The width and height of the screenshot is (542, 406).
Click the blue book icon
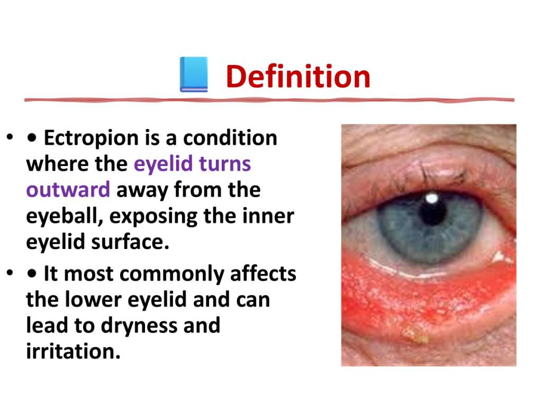pyautogui.click(x=194, y=75)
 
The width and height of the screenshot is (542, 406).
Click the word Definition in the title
pyautogui.click(x=298, y=76)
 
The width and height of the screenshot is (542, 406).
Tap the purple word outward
pyautogui.click(x=68, y=190)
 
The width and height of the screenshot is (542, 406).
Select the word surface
pyautogui.click(x=130, y=242)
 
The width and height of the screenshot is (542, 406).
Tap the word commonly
pyautogui.click(x=172, y=275)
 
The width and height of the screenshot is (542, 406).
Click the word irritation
pyautogui.click(x=73, y=351)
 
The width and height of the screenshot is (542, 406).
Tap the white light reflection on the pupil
pyautogui.click(x=432, y=198)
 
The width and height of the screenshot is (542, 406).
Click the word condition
pyautogui.click(x=230, y=138)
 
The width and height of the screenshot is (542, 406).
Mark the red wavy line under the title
pyautogui.click(x=269, y=100)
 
